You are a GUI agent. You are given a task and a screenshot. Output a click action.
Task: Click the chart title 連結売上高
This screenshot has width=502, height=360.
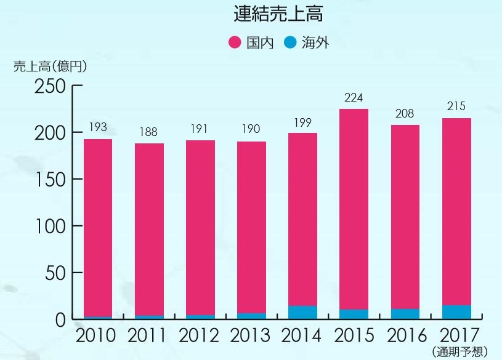pos(278,14)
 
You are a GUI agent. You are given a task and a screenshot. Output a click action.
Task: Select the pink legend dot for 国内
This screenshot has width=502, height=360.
pos(235,43)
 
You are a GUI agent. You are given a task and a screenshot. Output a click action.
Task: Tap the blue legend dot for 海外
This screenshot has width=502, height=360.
pos(290,43)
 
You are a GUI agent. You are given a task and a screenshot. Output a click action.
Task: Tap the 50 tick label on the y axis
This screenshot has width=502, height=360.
pos(55,273)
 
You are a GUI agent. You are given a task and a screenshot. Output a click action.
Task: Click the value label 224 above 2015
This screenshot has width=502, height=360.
pos(354,97)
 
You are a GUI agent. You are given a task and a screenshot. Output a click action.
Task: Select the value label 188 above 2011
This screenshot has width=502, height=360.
pos(149,132)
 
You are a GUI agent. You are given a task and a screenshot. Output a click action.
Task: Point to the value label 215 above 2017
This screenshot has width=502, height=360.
pos(456,106)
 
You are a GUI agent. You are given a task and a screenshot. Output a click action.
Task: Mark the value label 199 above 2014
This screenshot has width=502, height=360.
pos(302,122)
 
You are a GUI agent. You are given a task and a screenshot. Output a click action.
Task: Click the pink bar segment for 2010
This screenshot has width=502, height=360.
pos(98,228)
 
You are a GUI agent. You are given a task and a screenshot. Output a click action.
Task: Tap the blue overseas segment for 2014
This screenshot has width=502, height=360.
pos(302,313)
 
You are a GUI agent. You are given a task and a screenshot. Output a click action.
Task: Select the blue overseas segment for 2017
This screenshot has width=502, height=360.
pos(456,312)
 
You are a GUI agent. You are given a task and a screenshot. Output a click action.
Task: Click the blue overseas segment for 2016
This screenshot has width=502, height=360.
pos(405,314)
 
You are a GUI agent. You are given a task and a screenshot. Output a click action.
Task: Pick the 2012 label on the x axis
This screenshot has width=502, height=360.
pos(200,335)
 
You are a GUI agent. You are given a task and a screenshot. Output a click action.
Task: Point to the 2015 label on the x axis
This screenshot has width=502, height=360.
pos(354,335)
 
